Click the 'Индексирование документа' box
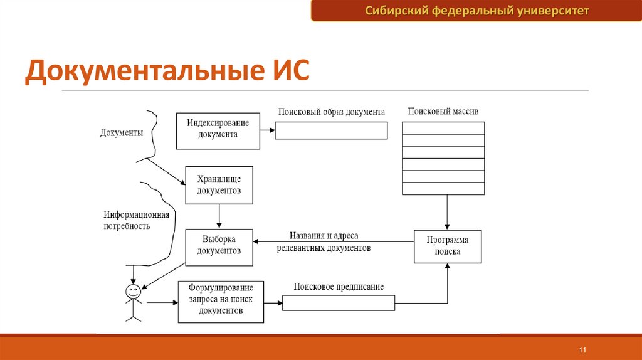218,130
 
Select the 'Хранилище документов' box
219,185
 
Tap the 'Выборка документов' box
219,246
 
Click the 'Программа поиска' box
448,246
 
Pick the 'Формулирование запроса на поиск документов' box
221,302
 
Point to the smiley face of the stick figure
133,292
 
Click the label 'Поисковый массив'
443,111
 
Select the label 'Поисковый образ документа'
331,112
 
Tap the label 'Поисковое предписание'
339,287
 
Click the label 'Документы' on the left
122,133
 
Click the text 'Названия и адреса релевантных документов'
324,242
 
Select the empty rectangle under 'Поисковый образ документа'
331,130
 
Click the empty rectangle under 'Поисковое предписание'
339,303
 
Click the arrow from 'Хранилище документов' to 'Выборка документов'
219,216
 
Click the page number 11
582,349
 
